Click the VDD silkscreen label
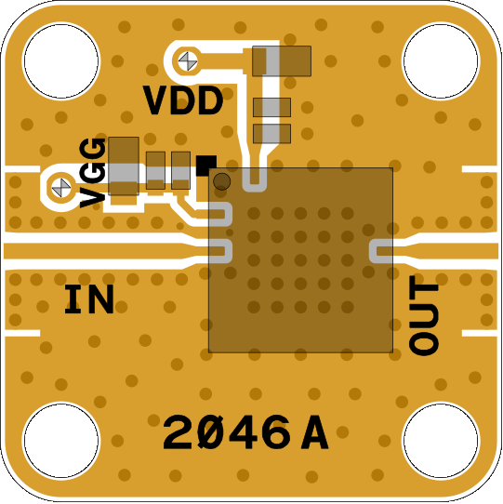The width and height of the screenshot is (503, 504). (x=183, y=100)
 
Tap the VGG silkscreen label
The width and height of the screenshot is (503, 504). (x=93, y=173)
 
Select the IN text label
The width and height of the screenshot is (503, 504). (x=89, y=298)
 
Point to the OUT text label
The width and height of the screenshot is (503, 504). (x=424, y=315)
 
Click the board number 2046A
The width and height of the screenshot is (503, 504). (x=245, y=432)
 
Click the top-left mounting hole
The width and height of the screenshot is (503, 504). (x=61, y=61)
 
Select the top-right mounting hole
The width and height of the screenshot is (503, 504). (x=441, y=61)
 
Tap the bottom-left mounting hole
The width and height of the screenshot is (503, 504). (x=61, y=440)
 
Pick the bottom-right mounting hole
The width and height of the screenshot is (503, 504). (x=441, y=440)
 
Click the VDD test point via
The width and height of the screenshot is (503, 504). (x=188, y=61)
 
